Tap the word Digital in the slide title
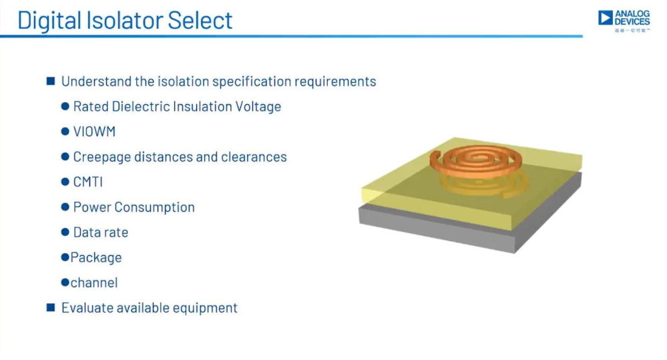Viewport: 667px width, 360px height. (x=49, y=21)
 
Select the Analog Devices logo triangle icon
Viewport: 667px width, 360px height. (x=606, y=18)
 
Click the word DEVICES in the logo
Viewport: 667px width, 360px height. (x=632, y=21)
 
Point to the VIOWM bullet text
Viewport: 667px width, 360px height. (x=94, y=132)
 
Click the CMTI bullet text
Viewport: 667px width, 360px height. (x=88, y=182)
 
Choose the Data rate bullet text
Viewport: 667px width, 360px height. (x=100, y=232)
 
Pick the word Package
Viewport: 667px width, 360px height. (x=95, y=258)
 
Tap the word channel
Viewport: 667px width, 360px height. (x=94, y=283)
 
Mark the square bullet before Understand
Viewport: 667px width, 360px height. (x=51, y=81)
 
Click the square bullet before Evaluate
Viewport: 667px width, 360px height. (x=51, y=307)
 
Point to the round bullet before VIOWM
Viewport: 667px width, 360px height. (x=65, y=131)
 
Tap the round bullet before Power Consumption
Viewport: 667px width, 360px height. (x=65, y=207)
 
